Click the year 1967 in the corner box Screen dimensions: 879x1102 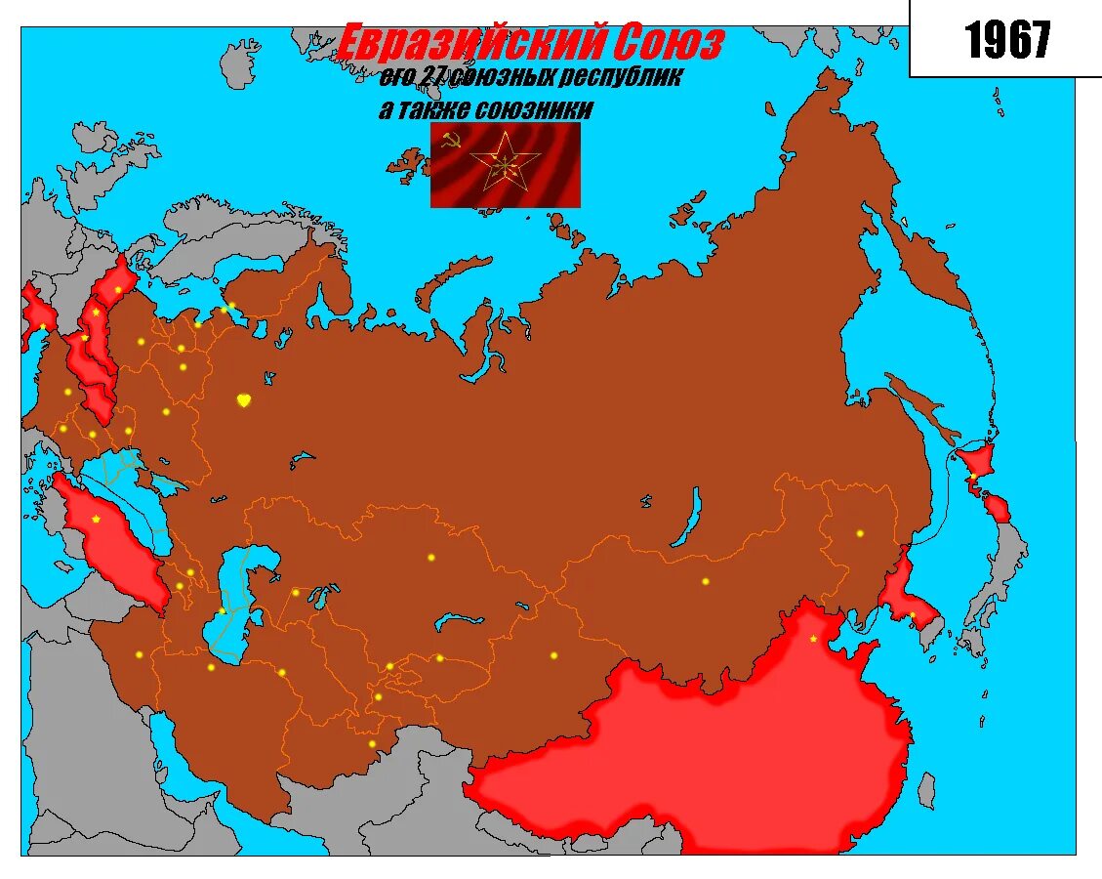click(1007, 40)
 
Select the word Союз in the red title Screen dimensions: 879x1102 click(670, 45)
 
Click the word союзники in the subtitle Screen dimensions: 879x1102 click(533, 109)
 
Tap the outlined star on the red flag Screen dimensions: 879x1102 click(505, 163)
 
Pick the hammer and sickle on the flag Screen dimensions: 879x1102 click(450, 142)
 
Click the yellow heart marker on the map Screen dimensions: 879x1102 click(244, 399)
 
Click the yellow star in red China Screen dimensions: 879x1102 click(813, 639)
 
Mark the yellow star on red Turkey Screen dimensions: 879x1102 click(96, 519)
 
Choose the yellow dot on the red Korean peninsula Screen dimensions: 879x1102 click(913, 615)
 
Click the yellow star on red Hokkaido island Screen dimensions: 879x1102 click(972, 476)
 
